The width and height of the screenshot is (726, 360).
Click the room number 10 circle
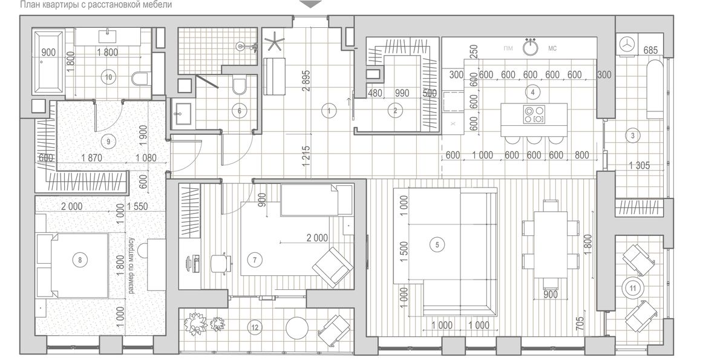(108, 77)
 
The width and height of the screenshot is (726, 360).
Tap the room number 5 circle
(437, 244)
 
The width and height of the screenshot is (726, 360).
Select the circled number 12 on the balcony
(255, 327)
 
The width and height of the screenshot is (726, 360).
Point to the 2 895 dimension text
(306, 81)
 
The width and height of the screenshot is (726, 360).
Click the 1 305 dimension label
(639, 166)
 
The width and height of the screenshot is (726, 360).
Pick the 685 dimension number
(650, 50)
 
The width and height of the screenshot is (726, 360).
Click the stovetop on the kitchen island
(534, 114)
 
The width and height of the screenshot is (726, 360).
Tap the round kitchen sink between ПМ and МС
(530, 48)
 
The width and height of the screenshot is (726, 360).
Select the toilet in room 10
(140, 78)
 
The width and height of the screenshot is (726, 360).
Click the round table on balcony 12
(296, 328)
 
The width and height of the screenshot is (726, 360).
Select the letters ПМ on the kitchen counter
(508, 48)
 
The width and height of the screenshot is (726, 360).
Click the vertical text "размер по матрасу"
(131, 266)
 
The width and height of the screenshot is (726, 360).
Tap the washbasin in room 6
(183, 113)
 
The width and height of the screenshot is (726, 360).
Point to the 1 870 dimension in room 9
(91, 158)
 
